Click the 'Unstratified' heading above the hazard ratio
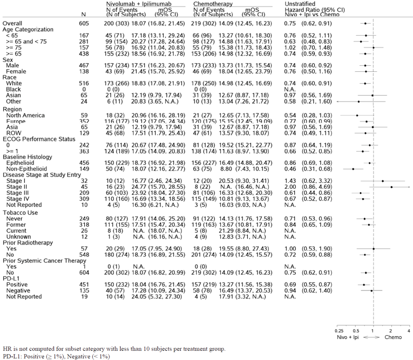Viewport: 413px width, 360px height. pyautogui.click(x=300, y=4)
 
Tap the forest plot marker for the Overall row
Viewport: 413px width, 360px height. pyautogui.click(x=365, y=24)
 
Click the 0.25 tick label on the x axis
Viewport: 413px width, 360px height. pyautogui.click(x=339, y=331)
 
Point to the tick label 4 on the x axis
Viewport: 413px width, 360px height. pyautogui.click(x=409, y=331)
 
